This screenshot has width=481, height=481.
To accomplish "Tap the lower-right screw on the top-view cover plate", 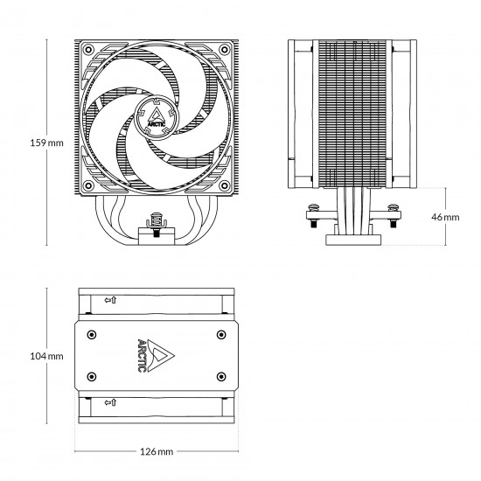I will click(220, 377).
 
